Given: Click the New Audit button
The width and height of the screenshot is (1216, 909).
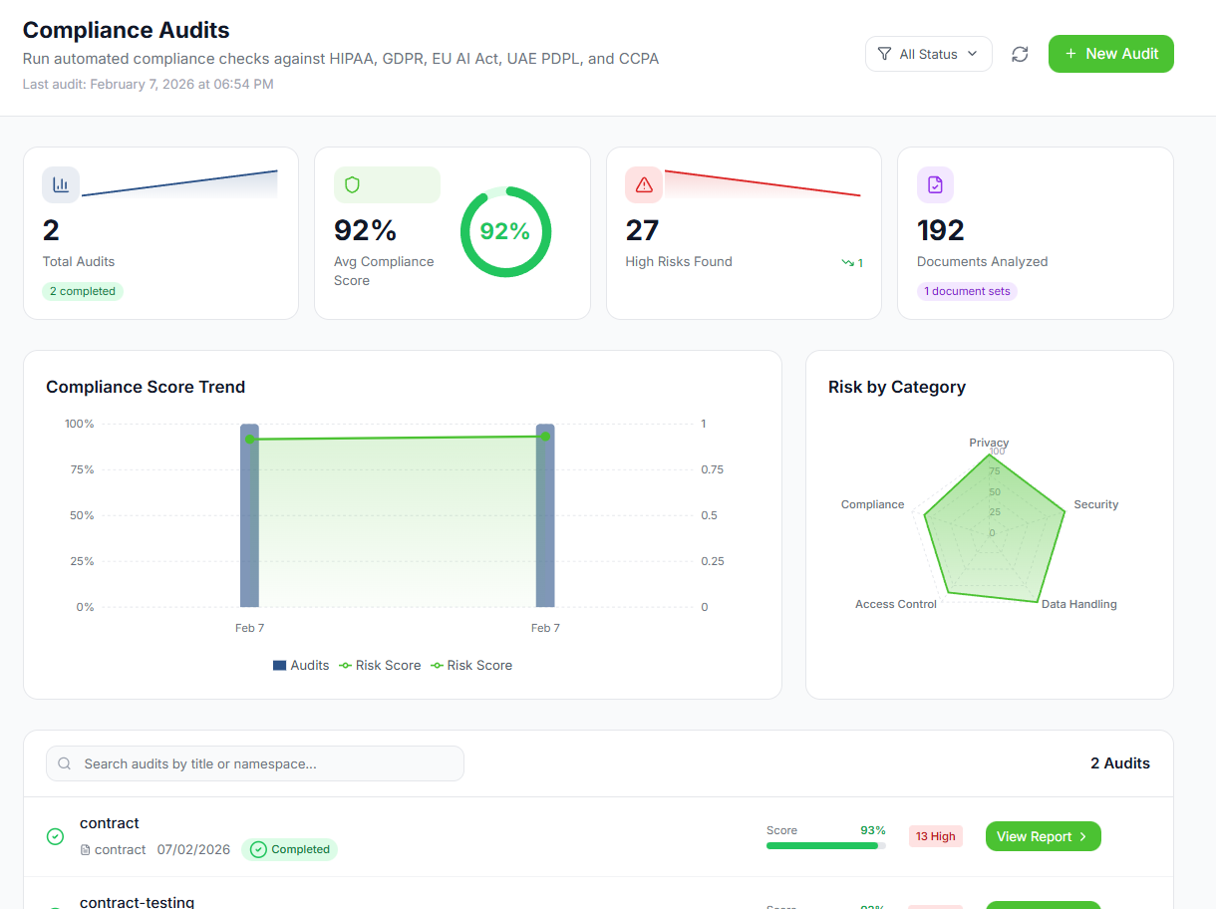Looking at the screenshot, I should click(x=1110, y=54).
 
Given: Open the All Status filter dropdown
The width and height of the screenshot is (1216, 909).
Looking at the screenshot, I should click(x=928, y=54).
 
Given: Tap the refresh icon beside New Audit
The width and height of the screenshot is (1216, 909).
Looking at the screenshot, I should click(x=1020, y=54).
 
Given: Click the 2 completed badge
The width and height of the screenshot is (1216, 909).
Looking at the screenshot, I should click(x=83, y=291).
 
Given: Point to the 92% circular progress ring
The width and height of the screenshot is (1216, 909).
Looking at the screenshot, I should click(x=505, y=231).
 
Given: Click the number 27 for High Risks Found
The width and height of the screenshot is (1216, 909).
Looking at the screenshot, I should click(x=642, y=230).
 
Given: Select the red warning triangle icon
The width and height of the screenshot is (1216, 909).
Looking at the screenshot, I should click(x=644, y=184).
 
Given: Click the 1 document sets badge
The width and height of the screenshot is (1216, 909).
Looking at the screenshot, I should click(x=967, y=291).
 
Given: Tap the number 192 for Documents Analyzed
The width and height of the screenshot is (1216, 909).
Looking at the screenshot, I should click(x=940, y=230).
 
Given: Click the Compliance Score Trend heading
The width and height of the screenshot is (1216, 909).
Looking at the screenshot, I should click(x=146, y=387).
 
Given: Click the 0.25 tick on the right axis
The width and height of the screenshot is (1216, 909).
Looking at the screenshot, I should click(x=712, y=561).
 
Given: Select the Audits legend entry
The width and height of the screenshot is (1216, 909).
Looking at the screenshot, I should click(x=301, y=665).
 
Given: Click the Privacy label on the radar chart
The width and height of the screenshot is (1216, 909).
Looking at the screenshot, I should click(x=989, y=443).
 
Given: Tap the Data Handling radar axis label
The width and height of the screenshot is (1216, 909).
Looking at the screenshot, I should click(x=1078, y=604).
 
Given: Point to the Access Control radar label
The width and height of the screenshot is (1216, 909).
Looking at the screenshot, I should click(x=896, y=604).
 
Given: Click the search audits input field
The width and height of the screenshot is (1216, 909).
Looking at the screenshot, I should click(x=255, y=763).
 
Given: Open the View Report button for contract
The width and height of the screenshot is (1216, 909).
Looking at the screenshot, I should click(x=1043, y=836).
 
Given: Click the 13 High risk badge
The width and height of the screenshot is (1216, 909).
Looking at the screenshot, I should click(x=935, y=836).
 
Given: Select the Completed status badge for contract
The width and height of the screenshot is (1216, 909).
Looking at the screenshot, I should click(x=289, y=849).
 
